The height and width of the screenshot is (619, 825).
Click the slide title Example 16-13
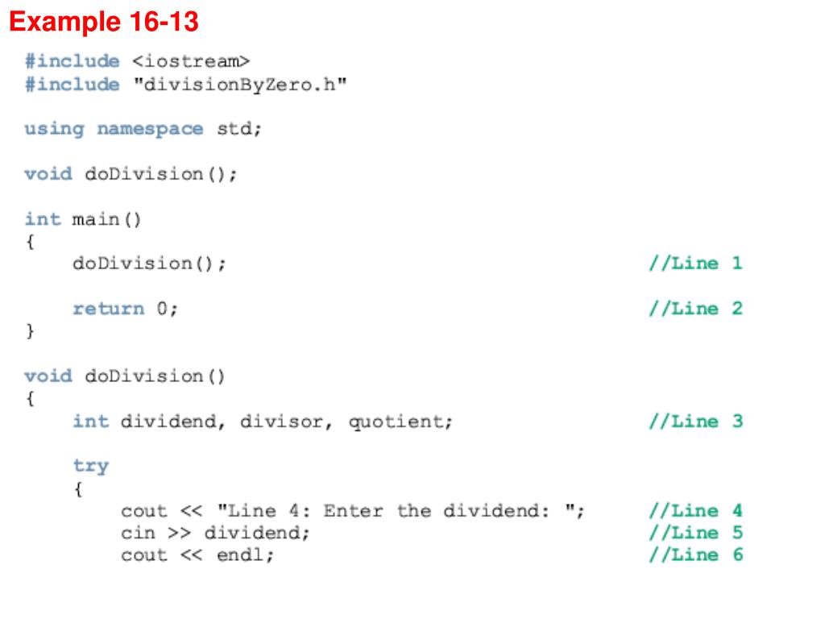coord(103,22)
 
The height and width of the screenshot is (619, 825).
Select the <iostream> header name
coord(191,61)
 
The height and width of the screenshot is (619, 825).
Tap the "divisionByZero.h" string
coord(239,84)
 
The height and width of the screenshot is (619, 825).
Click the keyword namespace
coord(150,129)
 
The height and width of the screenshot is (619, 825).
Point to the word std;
coord(239,129)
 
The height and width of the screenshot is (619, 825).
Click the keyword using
coord(54,129)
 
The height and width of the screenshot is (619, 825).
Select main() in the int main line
coord(106,219)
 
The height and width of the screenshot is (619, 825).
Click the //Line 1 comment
coord(695,264)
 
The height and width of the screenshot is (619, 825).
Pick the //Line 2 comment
coord(695,309)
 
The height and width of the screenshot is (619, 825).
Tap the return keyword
coord(108,309)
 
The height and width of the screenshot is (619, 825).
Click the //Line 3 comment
coord(695,421)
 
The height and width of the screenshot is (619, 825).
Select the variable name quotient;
coord(400,422)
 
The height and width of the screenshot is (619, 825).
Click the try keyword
coord(90,466)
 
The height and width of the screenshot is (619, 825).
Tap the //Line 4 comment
coord(695,510)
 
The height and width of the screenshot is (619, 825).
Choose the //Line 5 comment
coord(695,533)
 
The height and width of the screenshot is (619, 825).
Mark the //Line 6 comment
coord(695,555)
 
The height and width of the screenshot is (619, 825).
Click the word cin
coord(138,533)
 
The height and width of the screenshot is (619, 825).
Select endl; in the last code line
coord(245,555)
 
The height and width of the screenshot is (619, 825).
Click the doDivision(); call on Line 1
coord(149,264)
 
